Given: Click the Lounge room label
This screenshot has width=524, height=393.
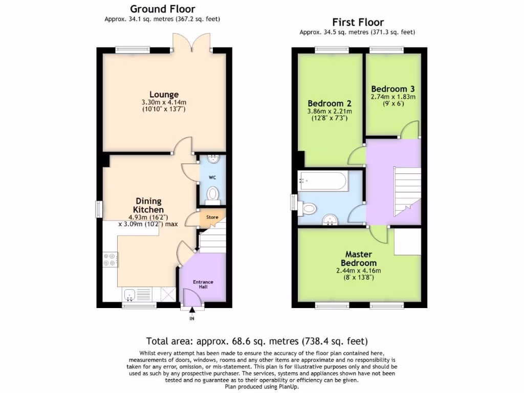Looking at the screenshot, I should [x=164, y=94].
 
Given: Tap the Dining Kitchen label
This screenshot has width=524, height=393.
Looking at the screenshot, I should [x=148, y=205].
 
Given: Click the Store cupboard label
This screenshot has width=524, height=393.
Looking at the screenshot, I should [x=212, y=217].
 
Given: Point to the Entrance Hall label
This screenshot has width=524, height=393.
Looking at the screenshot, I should [x=203, y=285].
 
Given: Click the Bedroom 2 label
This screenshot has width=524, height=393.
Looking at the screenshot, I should [x=329, y=103].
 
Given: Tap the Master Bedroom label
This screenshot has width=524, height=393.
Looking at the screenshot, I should [x=358, y=258].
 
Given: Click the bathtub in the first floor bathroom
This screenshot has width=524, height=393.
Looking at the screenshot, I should [x=323, y=180].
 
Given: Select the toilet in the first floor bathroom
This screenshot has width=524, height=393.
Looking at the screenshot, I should [x=308, y=209].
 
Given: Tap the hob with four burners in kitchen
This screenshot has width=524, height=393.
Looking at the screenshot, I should [x=110, y=260].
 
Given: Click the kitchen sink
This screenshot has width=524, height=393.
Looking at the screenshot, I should [x=129, y=295].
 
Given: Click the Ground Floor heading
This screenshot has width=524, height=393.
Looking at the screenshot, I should [x=162, y=9].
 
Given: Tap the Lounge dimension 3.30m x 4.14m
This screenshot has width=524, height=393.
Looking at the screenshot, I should [x=164, y=102].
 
